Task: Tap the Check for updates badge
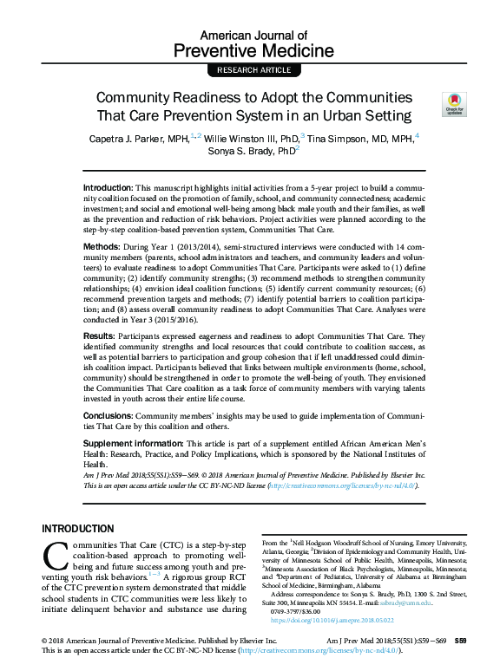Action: click(x=452, y=103)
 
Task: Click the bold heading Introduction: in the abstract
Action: click(x=109, y=188)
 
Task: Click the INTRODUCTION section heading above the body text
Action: click(x=78, y=528)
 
